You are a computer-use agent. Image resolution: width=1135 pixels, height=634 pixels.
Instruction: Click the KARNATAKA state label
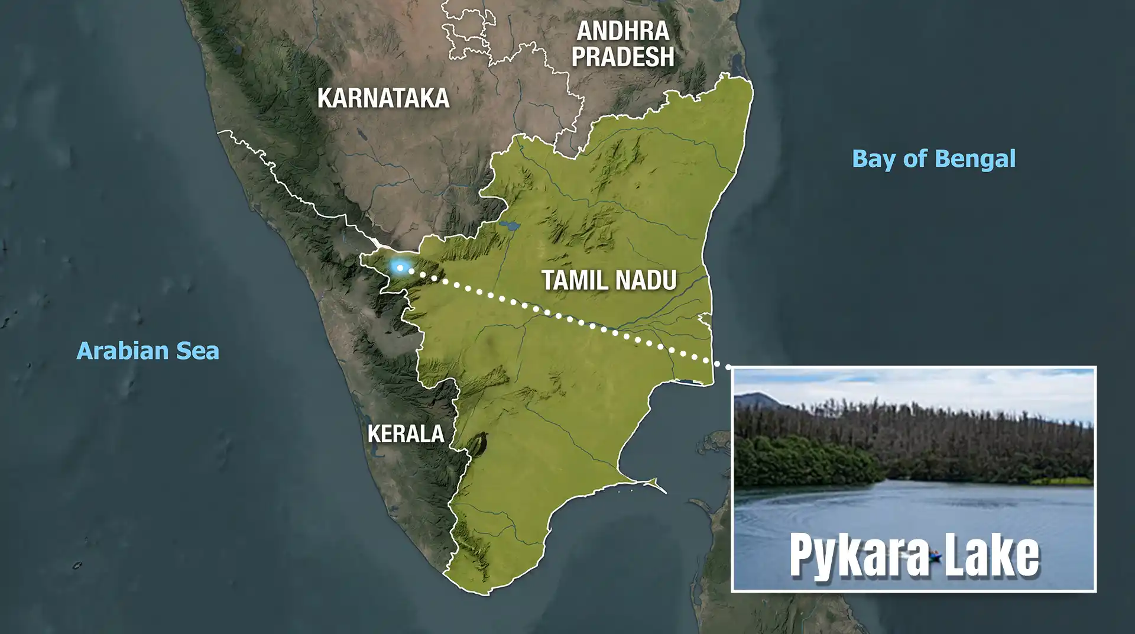click(383, 98)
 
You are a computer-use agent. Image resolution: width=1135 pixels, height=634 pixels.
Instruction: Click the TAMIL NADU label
click(609, 280)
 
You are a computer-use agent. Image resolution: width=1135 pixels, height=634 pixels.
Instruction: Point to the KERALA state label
click(406, 434)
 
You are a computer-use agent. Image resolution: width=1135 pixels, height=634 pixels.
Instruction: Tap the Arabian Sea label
click(148, 351)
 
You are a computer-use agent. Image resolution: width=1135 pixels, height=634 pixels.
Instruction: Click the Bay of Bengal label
click(933, 158)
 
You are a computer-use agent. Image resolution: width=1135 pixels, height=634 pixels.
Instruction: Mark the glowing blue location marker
click(400, 267)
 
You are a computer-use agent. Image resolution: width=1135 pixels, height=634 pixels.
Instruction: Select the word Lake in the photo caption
click(993, 556)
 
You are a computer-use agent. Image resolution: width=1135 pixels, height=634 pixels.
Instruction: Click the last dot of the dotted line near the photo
click(727, 367)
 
